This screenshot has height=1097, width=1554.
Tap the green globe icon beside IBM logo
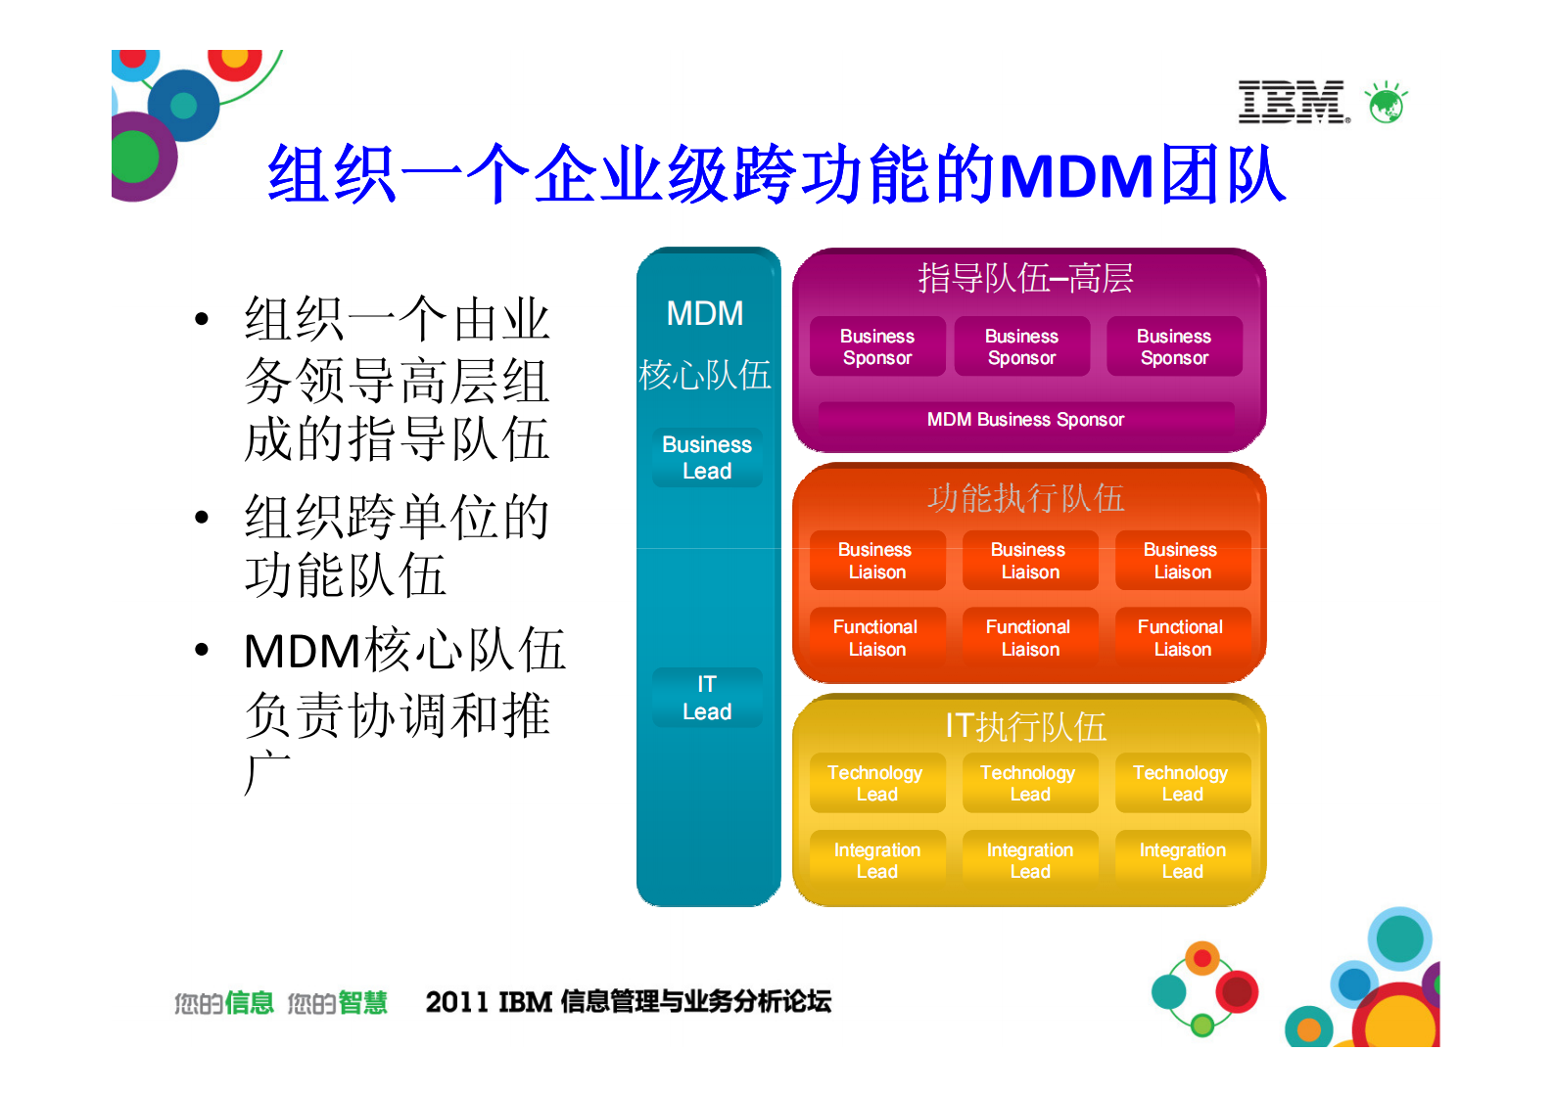[1387, 103]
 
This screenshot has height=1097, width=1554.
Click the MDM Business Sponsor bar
[1025, 420]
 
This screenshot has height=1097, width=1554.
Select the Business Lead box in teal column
[707, 457]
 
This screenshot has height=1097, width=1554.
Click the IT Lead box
[707, 698]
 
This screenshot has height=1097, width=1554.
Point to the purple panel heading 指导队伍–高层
[1025, 279]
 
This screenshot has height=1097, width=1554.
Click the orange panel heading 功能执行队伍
[1025, 498]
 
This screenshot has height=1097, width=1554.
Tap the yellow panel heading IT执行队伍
[1025, 726]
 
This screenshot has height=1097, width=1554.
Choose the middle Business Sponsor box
[1021, 346]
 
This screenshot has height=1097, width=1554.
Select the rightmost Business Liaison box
[1181, 561]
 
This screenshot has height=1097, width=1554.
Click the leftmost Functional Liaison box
[876, 638]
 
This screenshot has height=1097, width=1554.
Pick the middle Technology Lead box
[1028, 783]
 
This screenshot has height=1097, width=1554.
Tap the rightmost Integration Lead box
[1182, 860]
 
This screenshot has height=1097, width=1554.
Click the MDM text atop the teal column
[705, 314]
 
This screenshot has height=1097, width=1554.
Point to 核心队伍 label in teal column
[705, 375]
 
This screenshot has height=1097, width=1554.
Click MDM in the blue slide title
[1076, 176]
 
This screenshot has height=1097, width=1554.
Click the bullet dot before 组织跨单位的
[202, 517]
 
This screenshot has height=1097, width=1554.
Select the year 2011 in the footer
[456, 1002]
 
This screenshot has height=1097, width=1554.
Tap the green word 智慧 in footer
[362, 1003]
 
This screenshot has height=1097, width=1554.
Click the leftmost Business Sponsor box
[877, 346]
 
